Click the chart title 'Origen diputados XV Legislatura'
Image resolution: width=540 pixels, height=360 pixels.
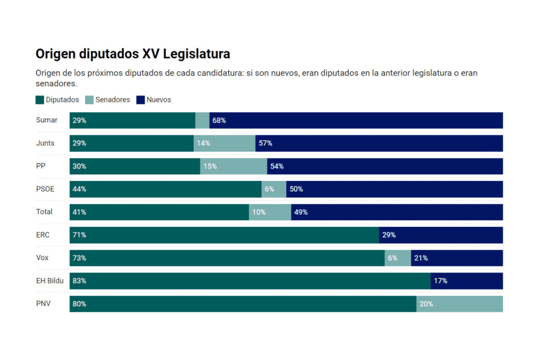point(133,54)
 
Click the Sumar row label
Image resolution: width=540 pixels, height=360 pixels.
point(47,120)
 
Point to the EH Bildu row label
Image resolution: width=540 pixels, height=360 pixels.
point(49,281)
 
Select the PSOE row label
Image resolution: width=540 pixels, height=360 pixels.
point(45,189)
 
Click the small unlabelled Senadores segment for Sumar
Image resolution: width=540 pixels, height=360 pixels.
point(202,120)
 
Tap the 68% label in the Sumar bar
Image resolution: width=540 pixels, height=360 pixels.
point(219,121)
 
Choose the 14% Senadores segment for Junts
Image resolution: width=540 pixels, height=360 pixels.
point(225,143)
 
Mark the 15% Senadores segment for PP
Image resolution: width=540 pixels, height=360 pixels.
point(234,166)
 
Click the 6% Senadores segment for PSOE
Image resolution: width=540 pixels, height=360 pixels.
point(274,189)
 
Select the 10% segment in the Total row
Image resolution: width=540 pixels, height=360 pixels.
point(270,212)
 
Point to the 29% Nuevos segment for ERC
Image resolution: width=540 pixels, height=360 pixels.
point(441,235)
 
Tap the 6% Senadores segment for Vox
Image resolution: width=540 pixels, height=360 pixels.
point(398,258)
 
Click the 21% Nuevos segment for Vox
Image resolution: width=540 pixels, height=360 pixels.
point(457,258)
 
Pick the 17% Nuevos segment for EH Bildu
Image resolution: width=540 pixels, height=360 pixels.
point(467,281)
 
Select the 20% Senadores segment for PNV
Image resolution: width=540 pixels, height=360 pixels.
point(459,304)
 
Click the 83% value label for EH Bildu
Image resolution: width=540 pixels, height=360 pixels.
point(80,281)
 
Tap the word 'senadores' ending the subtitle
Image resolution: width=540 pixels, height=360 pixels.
point(56,84)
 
